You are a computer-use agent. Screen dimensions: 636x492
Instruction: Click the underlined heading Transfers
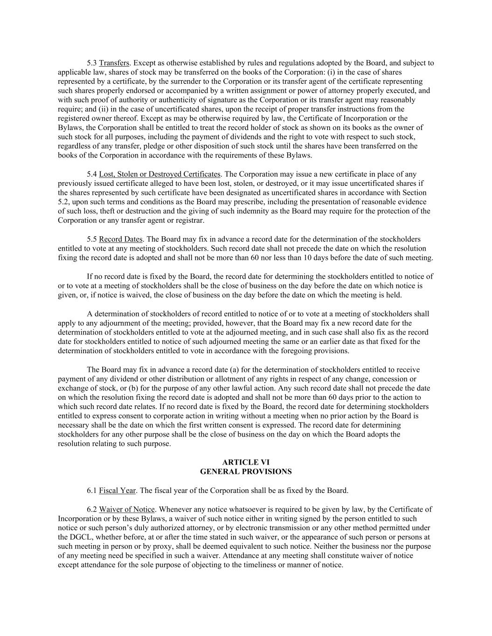click(114, 63)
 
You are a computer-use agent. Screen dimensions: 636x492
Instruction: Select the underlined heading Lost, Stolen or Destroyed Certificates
click(159, 174)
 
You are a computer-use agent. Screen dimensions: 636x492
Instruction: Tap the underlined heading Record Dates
click(121, 239)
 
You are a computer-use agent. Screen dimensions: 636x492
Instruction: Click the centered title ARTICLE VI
click(246, 463)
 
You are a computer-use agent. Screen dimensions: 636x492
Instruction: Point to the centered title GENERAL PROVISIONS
click(246, 472)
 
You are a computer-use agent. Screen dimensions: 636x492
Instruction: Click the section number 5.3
click(92, 63)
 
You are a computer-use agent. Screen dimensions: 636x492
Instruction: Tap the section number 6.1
click(92, 491)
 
